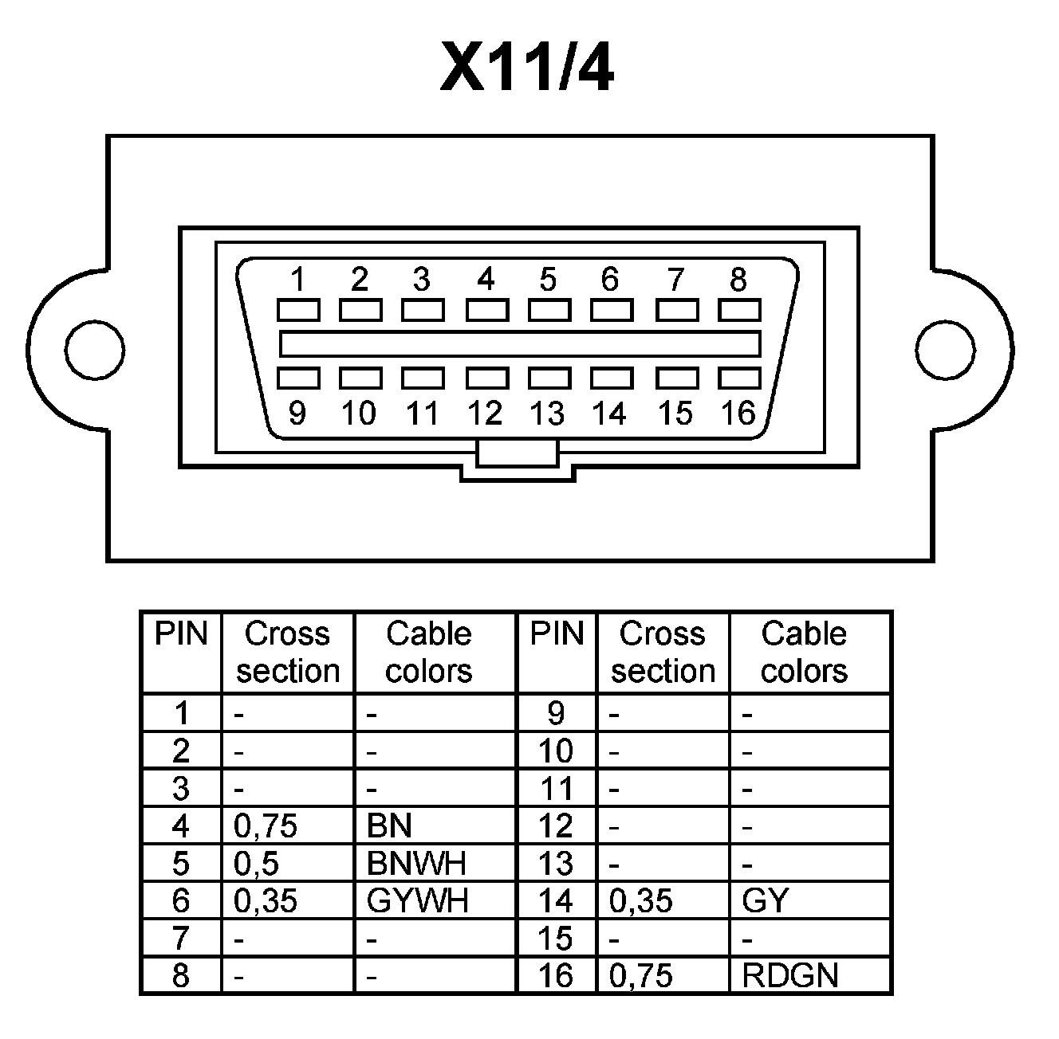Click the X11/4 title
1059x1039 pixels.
coord(527,68)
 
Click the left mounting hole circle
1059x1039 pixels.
coord(95,350)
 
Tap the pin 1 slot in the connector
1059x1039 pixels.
coord(298,310)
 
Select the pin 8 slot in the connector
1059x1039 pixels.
coord(739,310)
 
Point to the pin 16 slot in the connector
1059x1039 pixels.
coord(739,378)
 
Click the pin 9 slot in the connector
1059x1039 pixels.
coord(298,378)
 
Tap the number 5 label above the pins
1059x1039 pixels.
coord(548,280)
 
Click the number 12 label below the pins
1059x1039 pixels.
coord(485,414)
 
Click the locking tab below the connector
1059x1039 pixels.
coord(517,455)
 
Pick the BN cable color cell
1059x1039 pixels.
coord(389,826)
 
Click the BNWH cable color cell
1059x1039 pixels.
coord(416,864)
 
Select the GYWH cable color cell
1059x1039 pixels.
coord(417,901)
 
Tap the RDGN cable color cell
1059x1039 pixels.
coord(789,975)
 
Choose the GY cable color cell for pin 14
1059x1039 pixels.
coord(765,901)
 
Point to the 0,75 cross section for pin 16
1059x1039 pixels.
coord(640,975)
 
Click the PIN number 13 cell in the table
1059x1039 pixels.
coord(556,864)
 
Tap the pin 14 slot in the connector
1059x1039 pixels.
coord(612,378)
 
